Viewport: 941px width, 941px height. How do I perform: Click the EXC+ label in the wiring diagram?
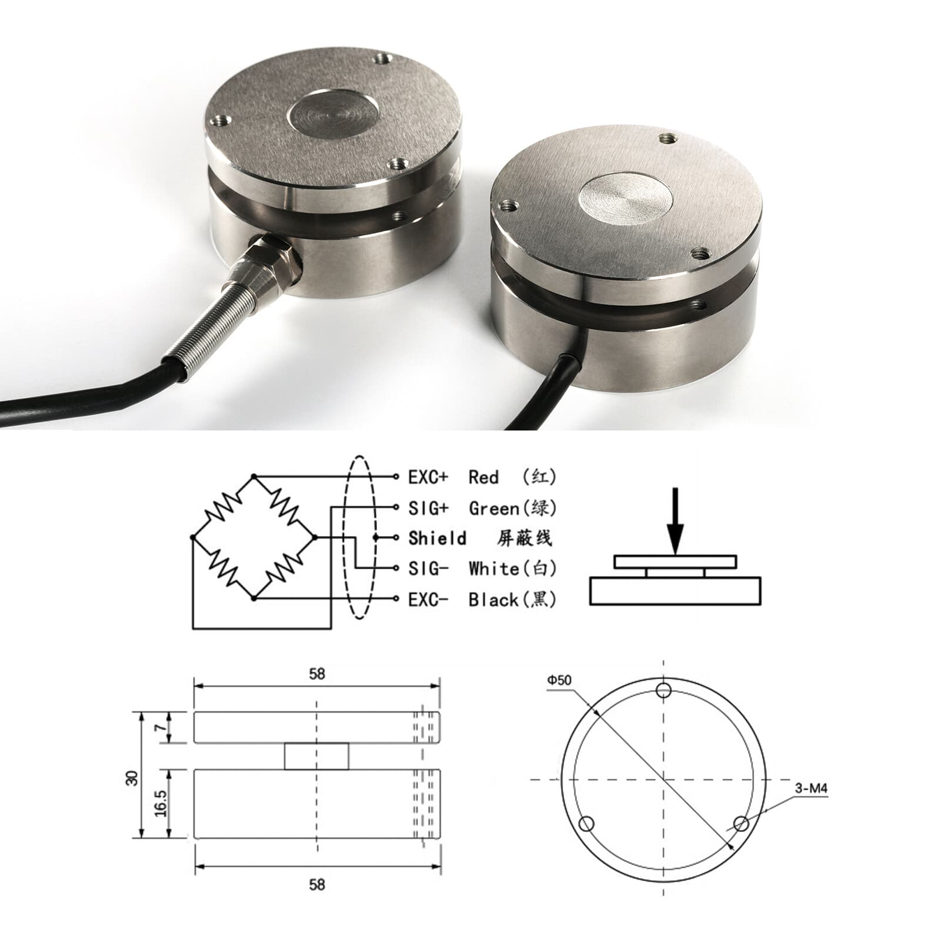pos(428,477)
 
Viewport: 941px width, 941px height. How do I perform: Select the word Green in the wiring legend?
pos(493,508)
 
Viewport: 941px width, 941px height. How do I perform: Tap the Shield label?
pos(437,538)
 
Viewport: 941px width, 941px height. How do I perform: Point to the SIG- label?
pos(428,569)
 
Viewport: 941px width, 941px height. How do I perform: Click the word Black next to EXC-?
pos(493,600)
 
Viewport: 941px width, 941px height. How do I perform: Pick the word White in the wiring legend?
pos(493,569)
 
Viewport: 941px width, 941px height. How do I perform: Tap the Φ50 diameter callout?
pos(559,680)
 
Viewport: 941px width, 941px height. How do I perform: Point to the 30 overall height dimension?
pos(133,778)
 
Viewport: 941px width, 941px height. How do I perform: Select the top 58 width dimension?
pos(316,674)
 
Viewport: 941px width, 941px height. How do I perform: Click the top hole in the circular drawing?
pos(664,690)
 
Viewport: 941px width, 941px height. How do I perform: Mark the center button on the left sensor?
pos(325,115)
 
